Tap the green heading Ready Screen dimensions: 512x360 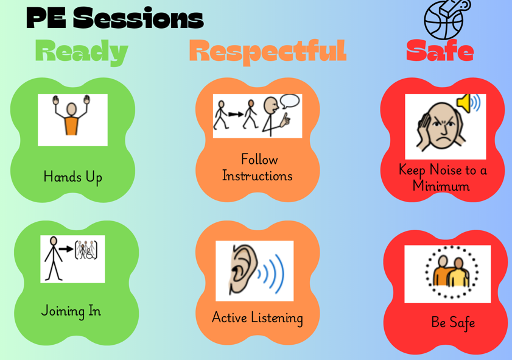(x=82, y=52)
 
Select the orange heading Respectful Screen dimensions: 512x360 (x=268, y=52)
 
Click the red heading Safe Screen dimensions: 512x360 (x=440, y=51)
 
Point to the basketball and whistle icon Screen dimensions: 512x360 (x=447, y=19)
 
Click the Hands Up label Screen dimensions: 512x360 (x=73, y=177)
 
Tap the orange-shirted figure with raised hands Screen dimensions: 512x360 (x=71, y=115)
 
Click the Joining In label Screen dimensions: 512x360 (x=71, y=311)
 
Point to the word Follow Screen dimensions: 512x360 (x=259, y=160)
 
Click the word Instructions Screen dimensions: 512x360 (x=258, y=176)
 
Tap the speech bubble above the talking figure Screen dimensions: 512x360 (x=290, y=101)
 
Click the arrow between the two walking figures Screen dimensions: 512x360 (x=236, y=114)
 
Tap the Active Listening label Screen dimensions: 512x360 (x=258, y=317)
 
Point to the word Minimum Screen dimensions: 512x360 (x=441, y=186)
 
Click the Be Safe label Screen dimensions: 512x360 (x=453, y=322)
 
